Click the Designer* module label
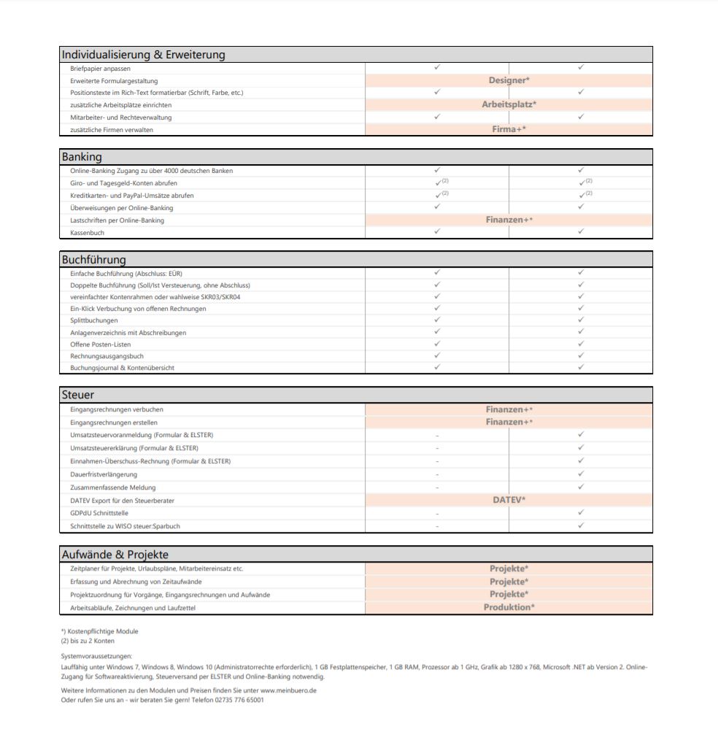(509, 80)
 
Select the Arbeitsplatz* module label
(509, 104)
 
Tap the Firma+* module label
(509, 129)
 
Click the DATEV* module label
(509, 500)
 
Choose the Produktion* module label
(509, 607)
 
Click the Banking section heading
(82, 157)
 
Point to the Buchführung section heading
(93, 260)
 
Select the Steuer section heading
(77, 395)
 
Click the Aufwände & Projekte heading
(115, 555)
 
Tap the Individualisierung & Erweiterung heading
(143, 55)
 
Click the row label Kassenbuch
(88, 232)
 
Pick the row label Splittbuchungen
(93, 320)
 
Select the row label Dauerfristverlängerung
(103, 474)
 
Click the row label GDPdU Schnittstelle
(99, 513)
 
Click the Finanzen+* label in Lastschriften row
(509, 220)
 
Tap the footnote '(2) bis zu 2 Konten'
(88, 641)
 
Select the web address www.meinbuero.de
(288, 690)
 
